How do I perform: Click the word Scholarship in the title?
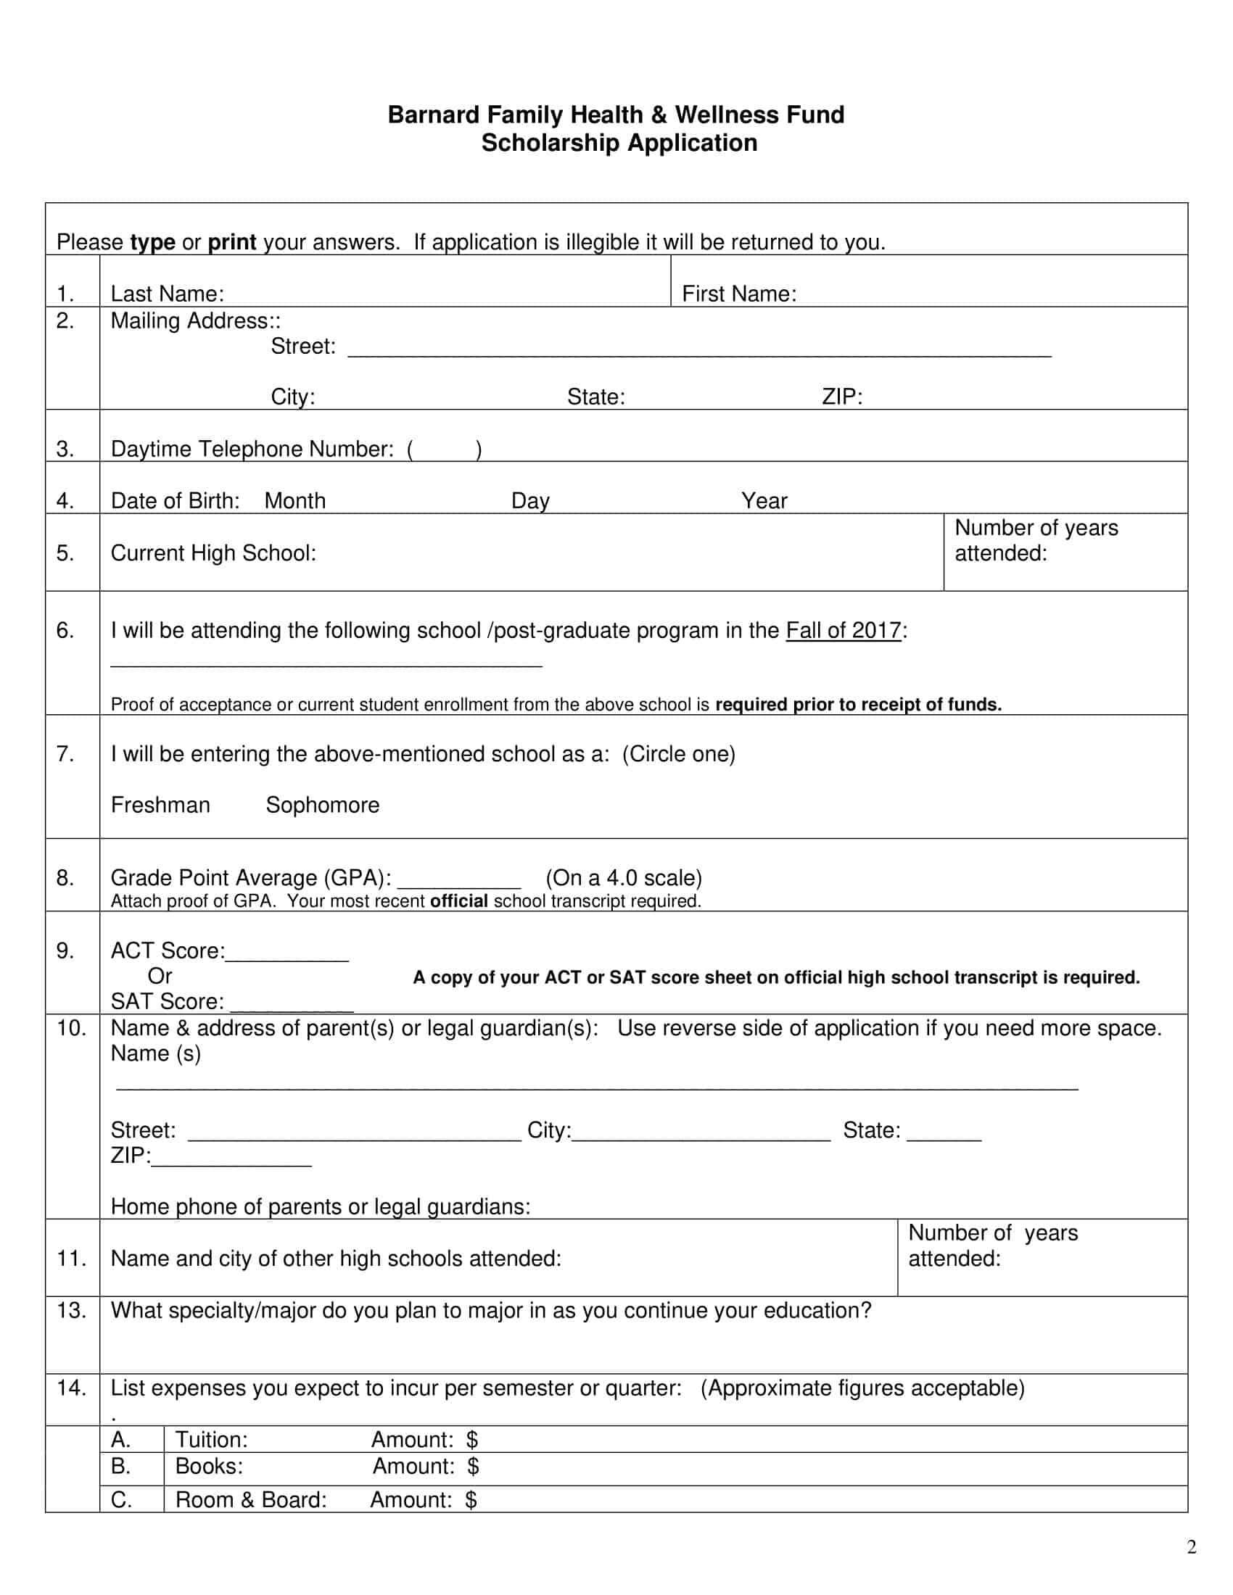(x=549, y=142)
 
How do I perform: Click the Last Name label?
(x=167, y=294)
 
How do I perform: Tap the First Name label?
(x=738, y=294)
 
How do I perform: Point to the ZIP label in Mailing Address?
(x=841, y=397)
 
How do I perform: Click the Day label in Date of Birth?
(x=529, y=501)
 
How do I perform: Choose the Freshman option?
(x=160, y=805)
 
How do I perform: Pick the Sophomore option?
(x=322, y=805)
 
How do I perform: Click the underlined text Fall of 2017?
(x=843, y=630)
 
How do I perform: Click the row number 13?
(x=72, y=1310)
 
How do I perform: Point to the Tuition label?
(x=211, y=1439)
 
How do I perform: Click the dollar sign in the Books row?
(x=473, y=1466)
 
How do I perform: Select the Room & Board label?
(x=250, y=1499)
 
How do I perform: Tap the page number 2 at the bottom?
(x=1192, y=1548)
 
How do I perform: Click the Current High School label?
(x=213, y=553)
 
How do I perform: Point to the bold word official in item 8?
(x=458, y=901)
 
